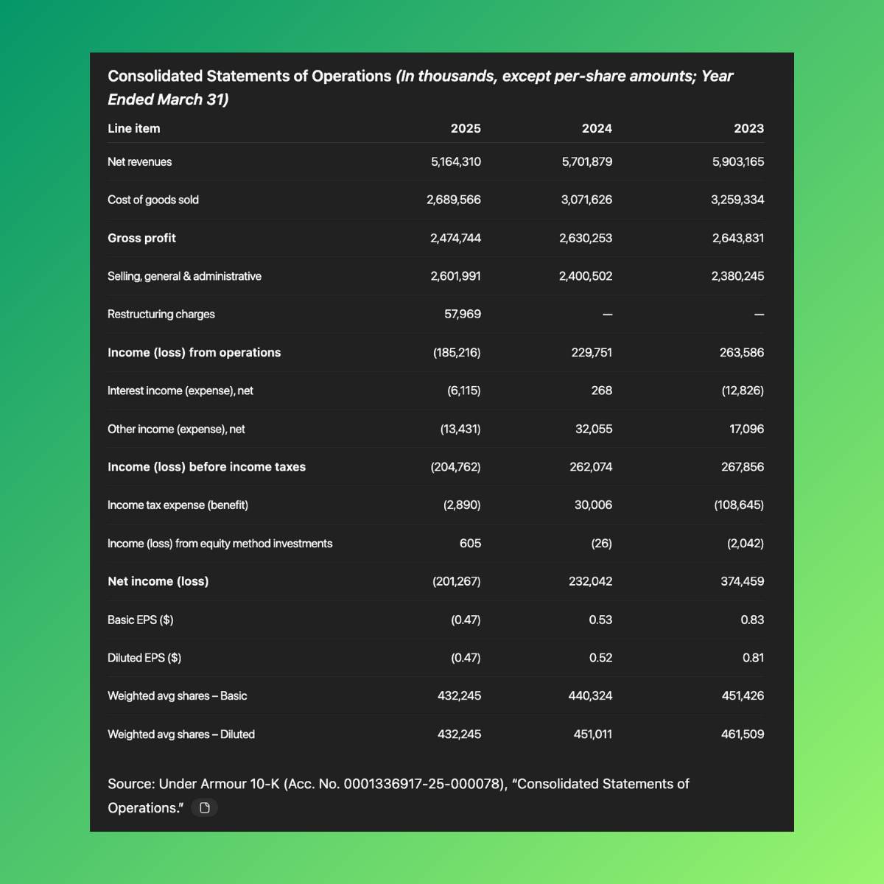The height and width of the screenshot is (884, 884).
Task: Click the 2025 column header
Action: click(465, 128)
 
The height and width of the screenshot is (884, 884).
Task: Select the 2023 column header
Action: click(748, 128)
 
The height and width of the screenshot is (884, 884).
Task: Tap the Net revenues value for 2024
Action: click(586, 161)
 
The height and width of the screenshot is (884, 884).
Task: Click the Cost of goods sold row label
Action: click(153, 200)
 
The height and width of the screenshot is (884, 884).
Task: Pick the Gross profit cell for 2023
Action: click(737, 238)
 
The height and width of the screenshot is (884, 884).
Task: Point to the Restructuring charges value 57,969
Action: click(462, 314)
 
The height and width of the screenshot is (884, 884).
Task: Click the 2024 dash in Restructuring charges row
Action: click(607, 315)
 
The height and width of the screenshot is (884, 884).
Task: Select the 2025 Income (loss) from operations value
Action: click(457, 352)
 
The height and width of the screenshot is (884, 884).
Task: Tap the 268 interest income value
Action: click(601, 390)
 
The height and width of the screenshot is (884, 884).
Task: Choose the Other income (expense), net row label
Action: click(176, 429)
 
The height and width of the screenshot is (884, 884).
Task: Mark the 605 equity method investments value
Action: click(470, 543)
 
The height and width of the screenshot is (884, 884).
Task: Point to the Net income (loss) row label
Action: click(158, 581)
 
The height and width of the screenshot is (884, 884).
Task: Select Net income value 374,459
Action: click(742, 581)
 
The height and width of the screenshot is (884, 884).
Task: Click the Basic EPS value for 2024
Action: click(600, 620)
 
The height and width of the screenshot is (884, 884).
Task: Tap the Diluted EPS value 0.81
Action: click(753, 658)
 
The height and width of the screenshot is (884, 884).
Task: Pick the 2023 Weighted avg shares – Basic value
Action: click(743, 695)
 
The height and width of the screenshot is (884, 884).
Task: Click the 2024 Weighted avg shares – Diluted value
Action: click(592, 734)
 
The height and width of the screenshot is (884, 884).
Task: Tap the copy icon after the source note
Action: click(205, 807)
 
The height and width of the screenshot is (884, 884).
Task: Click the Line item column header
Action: click(133, 128)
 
